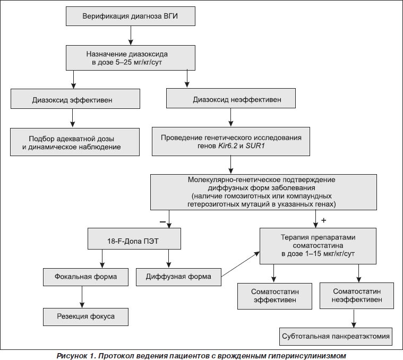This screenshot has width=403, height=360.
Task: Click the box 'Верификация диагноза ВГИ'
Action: point(131,16)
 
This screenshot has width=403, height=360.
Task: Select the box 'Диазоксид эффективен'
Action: point(75,99)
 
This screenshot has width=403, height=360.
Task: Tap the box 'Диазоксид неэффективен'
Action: point(231,98)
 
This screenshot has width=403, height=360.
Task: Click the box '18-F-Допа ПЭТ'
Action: point(134,239)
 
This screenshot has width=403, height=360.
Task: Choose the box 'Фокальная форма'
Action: point(85,277)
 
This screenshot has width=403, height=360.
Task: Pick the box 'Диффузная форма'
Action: point(178,277)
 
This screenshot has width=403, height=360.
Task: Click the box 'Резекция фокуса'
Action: point(85,317)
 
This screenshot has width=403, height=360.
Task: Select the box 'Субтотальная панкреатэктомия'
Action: point(336,336)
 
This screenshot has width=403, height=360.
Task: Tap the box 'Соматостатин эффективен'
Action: point(275,296)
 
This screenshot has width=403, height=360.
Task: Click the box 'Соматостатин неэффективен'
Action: point(357,296)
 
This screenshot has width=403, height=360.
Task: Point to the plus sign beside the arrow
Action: point(323,220)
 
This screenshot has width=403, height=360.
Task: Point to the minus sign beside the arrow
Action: point(162,221)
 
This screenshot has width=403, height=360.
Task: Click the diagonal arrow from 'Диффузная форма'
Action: point(241,264)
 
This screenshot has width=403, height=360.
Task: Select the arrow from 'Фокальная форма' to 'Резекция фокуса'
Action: point(82,297)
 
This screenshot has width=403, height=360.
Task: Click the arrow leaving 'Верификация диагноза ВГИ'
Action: point(131,36)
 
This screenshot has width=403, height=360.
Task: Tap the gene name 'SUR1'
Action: point(255,146)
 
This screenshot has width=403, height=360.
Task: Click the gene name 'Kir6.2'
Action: point(227,146)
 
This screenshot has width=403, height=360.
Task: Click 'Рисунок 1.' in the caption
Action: point(76,356)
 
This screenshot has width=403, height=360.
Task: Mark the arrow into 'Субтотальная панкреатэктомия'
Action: point(354,319)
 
